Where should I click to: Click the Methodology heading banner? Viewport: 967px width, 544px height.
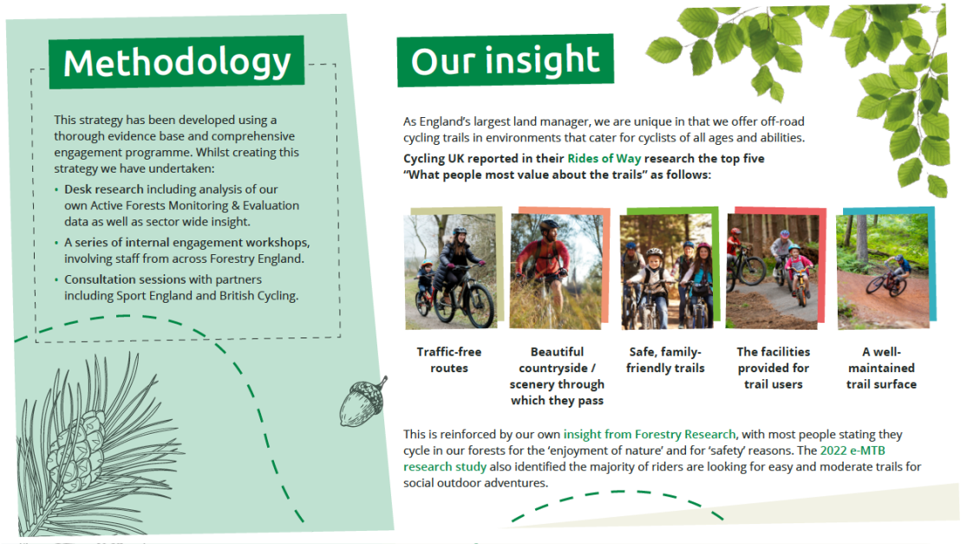[x=176, y=62]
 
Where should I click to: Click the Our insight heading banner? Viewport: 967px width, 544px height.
[x=505, y=60]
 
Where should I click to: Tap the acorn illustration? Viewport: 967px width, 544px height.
[x=363, y=402]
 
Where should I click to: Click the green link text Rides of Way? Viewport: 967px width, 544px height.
[x=604, y=159]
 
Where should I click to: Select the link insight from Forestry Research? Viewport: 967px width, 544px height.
[x=650, y=434]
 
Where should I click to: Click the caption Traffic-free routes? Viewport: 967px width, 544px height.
[x=449, y=359]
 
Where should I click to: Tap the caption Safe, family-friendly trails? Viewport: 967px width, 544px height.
[x=665, y=359]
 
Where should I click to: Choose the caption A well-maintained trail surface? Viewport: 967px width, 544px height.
[x=881, y=368]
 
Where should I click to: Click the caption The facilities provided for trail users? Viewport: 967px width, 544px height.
[x=774, y=368]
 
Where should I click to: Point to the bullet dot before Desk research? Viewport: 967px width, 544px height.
[x=56, y=190]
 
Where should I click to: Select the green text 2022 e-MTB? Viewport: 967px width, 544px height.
[x=853, y=450]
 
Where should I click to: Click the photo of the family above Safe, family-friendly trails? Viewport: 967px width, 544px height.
[x=665, y=272]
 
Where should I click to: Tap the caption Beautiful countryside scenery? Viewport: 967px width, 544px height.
[x=557, y=376]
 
